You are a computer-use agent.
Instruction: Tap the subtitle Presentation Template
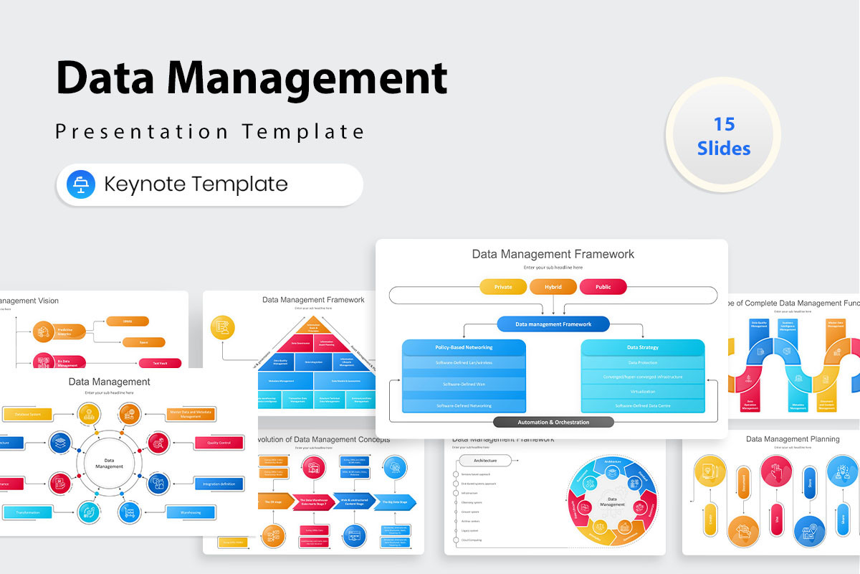(x=210, y=131)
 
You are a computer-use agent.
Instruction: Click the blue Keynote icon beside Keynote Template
(x=81, y=184)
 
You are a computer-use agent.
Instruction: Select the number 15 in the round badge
(x=724, y=124)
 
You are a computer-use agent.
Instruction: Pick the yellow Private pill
(x=503, y=287)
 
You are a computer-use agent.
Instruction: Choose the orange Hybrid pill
(x=553, y=287)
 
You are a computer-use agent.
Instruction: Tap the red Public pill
(x=603, y=287)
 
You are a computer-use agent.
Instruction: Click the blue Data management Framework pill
(x=553, y=324)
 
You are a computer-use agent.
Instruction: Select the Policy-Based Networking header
(x=464, y=347)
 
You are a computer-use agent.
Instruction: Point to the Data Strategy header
(x=643, y=347)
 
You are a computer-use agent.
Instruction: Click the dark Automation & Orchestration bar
(x=553, y=422)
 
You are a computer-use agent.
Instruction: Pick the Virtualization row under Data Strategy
(x=643, y=392)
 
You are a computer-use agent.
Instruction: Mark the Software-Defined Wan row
(x=464, y=384)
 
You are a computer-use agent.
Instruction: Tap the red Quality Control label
(x=218, y=443)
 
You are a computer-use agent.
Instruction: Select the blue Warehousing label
(x=190, y=512)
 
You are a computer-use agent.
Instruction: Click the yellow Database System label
(x=27, y=414)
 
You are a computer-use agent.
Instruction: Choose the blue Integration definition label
(x=218, y=484)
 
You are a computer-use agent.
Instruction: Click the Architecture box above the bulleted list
(x=485, y=460)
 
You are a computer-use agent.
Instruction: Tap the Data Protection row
(x=643, y=362)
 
